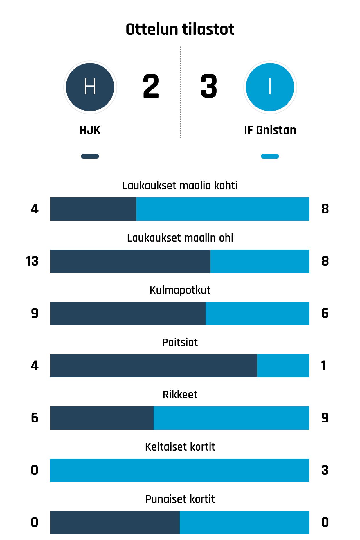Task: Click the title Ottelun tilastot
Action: pos(180,29)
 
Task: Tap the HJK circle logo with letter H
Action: pos(90,87)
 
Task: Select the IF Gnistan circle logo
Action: pos(270,87)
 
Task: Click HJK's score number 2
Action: pos(151,86)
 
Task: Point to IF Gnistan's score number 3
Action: pos(208,86)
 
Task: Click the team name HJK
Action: pos(90,130)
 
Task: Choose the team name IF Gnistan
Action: pos(270,130)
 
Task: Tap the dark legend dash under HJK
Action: pos(90,156)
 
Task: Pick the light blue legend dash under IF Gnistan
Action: pos(270,156)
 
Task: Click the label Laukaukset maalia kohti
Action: pos(180,186)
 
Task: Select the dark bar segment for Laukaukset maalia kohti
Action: pos(93,209)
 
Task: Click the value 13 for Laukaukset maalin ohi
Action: pos(32,261)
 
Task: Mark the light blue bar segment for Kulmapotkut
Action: pos(257,314)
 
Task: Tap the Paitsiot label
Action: pos(180,342)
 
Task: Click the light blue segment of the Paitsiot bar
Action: pos(283,366)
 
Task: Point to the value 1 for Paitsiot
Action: pos(324,366)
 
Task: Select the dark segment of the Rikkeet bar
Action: pos(102,418)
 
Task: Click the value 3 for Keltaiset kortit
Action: pos(325,470)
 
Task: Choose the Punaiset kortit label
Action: pos(180,499)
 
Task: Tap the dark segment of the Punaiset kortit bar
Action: pos(115,523)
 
